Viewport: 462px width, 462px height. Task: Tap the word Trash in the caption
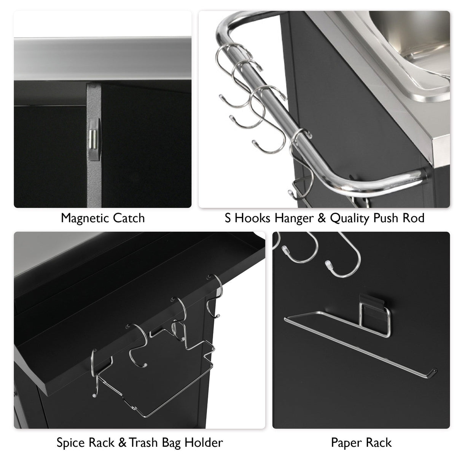[142, 443]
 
